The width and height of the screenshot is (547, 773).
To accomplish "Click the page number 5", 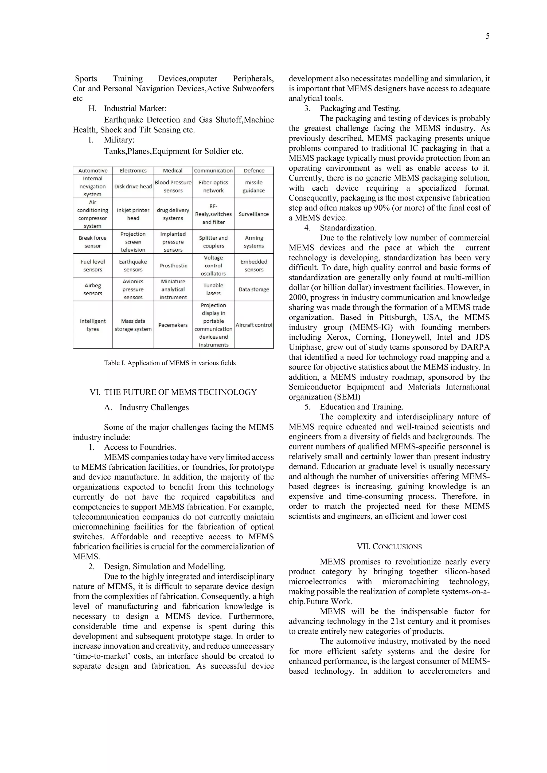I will [487, 36].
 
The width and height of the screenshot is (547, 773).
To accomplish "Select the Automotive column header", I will [93, 171].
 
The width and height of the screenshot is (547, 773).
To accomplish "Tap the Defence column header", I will [254, 171].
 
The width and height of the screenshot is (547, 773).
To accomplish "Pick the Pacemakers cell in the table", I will [173, 325].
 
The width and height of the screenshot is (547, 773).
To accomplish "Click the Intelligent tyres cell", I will [93, 325].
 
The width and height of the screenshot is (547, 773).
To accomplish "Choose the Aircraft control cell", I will [254, 325].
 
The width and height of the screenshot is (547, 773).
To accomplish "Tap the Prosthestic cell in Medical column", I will [173, 266].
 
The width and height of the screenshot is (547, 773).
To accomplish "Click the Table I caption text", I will [170, 363].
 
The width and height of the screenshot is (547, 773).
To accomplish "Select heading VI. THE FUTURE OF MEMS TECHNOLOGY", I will [173, 392].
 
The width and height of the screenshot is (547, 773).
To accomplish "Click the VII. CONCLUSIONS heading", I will [389, 547].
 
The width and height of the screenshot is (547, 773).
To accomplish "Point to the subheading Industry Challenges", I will [154, 407].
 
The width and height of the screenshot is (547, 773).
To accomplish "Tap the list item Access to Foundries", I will [140, 447].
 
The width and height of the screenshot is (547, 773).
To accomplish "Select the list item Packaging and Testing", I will [360, 108].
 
